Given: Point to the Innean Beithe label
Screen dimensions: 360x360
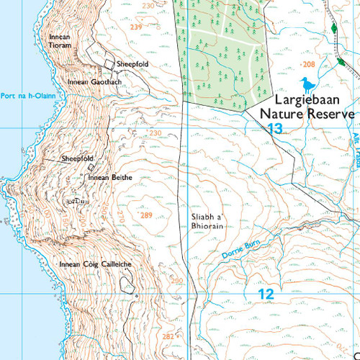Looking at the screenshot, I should pyautogui.click(x=107, y=176).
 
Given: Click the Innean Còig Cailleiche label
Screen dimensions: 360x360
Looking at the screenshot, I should pyautogui.click(x=95, y=265).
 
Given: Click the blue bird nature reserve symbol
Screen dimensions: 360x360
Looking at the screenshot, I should pyautogui.click(x=309, y=86).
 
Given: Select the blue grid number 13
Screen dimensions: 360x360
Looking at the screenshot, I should pyautogui.click(x=274, y=129).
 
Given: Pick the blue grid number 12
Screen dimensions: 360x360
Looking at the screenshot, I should pyautogui.click(x=266, y=294).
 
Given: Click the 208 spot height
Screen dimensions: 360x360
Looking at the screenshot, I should pyautogui.click(x=309, y=65).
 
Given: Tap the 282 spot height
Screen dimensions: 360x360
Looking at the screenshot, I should pyautogui.click(x=167, y=336).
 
